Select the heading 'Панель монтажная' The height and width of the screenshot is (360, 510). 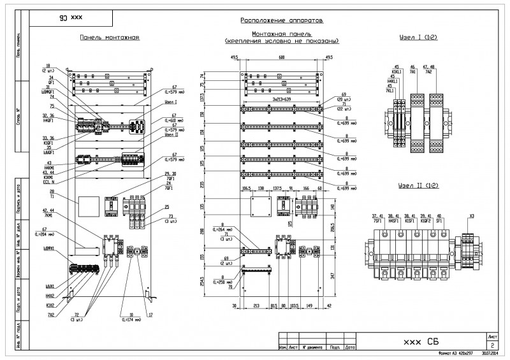(109, 38)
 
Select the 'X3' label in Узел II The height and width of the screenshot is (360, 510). (471, 217)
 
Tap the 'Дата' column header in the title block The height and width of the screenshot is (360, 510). (350, 348)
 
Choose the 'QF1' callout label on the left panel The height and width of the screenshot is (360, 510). (52, 82)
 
